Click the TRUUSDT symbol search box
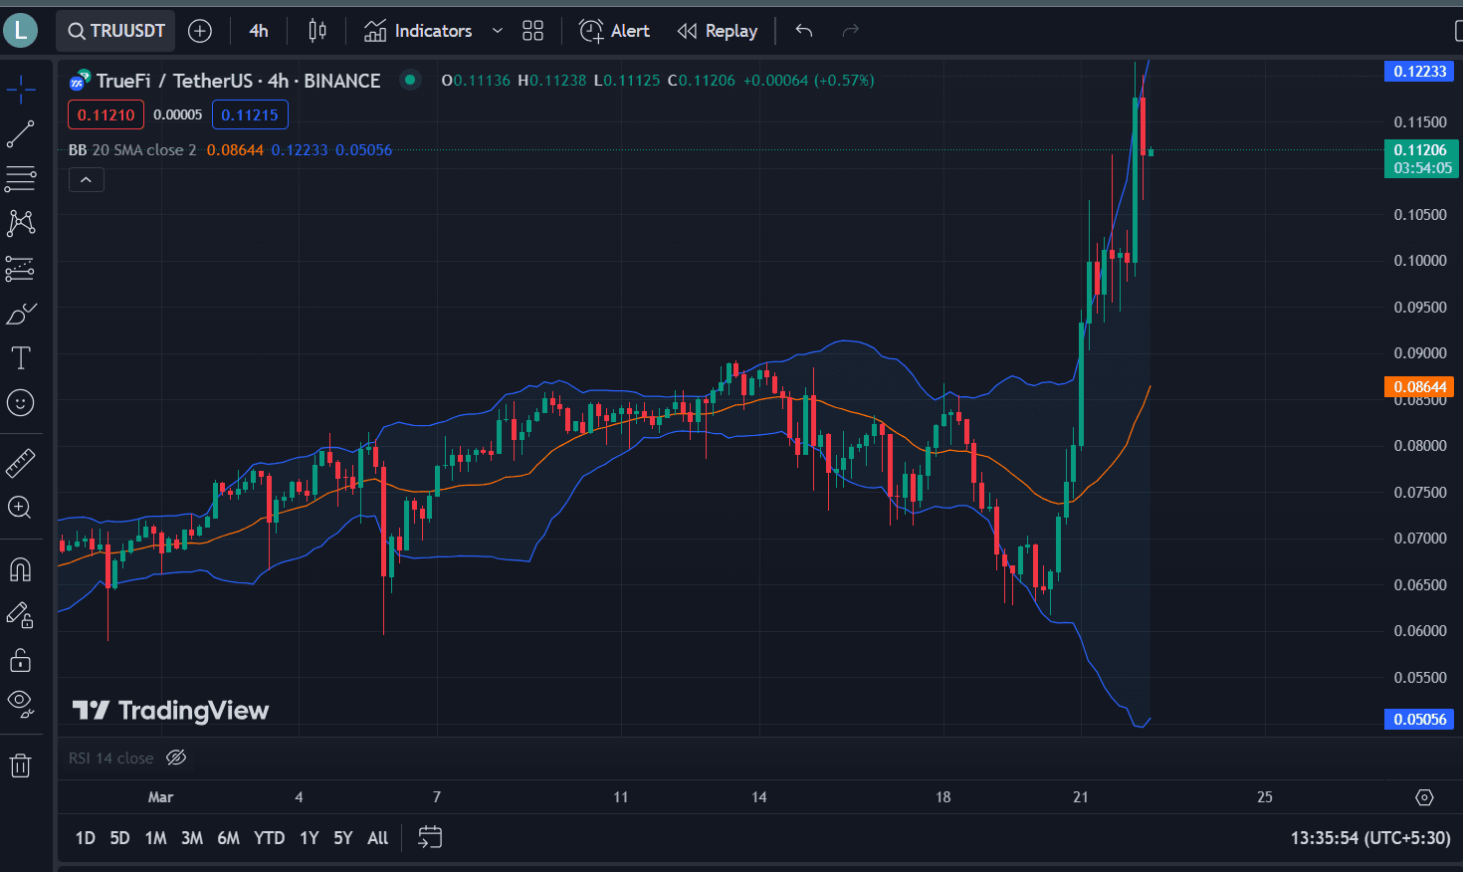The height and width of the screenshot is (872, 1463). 115,31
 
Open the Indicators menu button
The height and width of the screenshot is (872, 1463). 419,31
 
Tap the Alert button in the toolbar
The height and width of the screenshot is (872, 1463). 615,31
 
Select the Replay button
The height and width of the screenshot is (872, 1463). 718,31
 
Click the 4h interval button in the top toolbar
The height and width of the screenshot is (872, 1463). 259,31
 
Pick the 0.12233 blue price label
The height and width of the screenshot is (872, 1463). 1419,71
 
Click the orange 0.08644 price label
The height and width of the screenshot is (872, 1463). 1419,387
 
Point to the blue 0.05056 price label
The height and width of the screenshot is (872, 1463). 1419,719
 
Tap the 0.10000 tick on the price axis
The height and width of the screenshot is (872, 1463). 1420,261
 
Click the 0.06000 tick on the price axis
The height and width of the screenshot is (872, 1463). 1420,631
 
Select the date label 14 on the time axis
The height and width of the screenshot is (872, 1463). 759,796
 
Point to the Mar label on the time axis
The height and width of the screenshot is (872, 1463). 160,796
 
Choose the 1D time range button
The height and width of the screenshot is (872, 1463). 86,838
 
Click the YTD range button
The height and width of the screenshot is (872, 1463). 269,838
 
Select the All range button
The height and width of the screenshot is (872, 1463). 377,838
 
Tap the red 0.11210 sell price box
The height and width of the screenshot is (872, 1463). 105,114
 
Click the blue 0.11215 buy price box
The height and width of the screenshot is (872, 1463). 250,114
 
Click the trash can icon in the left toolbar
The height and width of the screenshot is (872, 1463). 20,765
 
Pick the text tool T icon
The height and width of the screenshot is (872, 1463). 20,357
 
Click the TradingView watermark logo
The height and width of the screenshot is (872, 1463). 171,710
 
